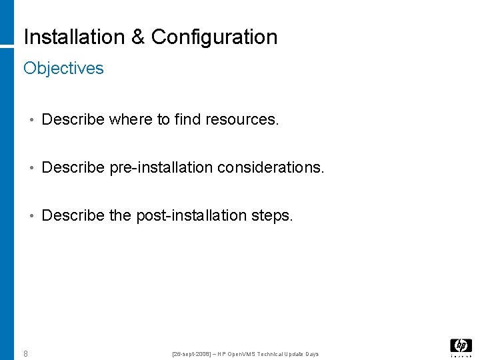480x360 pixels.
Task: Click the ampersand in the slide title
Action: [x=139, y=37]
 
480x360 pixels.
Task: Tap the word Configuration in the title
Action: [x=214, y=37]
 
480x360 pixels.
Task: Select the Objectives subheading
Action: [x=63, y=68]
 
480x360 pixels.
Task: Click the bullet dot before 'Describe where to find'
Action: [x=31, y=120]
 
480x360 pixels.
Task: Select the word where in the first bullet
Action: [x=131, y=119]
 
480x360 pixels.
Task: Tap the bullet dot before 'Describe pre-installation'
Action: [x=31, y=168]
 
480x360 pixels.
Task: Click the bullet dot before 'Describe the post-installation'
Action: [x=31, y=216]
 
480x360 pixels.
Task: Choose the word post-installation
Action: [x=191, y=215]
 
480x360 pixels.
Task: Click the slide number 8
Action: [x=25, y=353]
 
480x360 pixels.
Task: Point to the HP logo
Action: [x=461, y=346]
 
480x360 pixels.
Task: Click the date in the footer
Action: [x=191, y=353]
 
